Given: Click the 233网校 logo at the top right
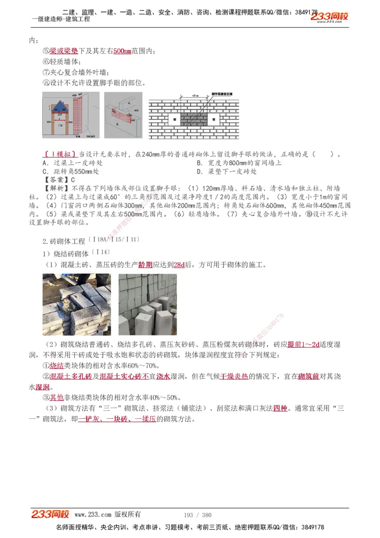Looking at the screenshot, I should tap(330, 17).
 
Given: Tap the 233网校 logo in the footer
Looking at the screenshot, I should tap(50, 514).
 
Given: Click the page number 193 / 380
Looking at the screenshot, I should tap(197, 515).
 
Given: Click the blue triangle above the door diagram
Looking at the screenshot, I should tap(59, 106).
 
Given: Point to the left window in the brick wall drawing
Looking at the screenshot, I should tap(174, 119).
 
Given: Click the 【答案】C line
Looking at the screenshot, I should tap(59, 180).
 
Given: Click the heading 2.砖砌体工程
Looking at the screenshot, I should tap(64, 241).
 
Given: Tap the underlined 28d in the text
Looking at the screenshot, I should tap(179, 265).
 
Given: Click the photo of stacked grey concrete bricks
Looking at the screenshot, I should tap(76, 305).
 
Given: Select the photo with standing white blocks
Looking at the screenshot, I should tap(155, 305).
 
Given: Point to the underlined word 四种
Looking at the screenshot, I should tap(280, 408).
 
